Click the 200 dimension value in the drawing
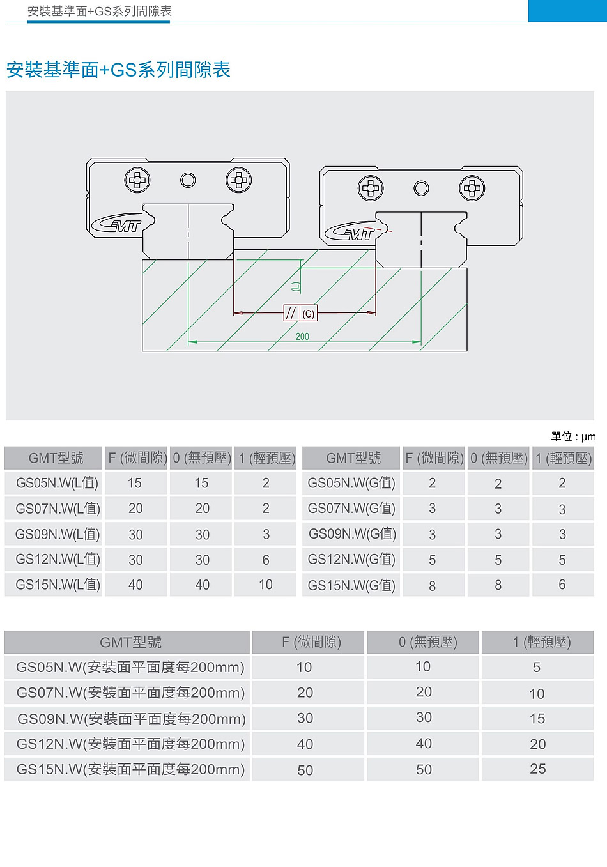[x=302, y=336]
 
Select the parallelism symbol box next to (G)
[x=292, y=313]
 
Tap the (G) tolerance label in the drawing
[x=309, y=314]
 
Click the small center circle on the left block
[x=188, y=180]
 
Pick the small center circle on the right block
[x=421, y=188]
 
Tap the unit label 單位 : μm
[x=573, y=436]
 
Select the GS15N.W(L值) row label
[x=58, y=585]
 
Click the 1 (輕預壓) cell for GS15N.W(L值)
[x=266, y=585]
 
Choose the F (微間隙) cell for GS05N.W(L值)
[x=135, y=483]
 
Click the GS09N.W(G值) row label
[x=352, y=534]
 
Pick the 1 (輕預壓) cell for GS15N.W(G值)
[x=562, y=585]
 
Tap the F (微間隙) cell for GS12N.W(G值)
[x=433, y=560]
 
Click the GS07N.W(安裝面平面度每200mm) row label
[x=130, y=693]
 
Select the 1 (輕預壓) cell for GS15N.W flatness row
[x=538, y=769]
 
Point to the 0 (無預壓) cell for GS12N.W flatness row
[x=424, y=744]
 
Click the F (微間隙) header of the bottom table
[x=311, y=642]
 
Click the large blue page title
[x=118, y=70]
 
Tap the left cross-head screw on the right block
[x=371, y=188]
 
